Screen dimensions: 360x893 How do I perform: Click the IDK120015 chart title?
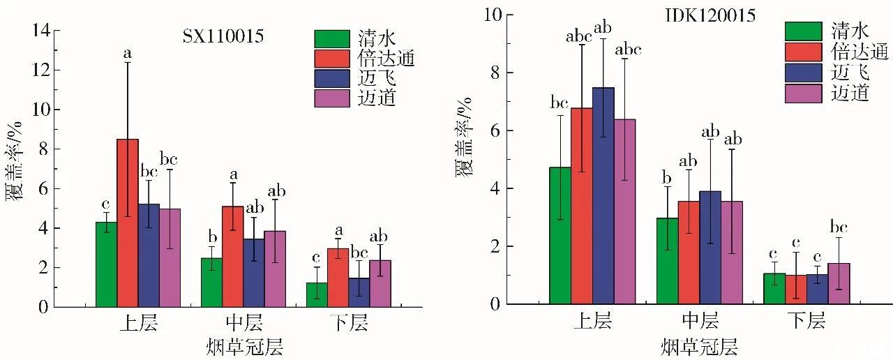716,16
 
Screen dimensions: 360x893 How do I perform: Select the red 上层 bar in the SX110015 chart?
128,223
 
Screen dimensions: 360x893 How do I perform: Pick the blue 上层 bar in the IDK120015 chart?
603,196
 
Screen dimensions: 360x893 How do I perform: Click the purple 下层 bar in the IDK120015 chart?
839,283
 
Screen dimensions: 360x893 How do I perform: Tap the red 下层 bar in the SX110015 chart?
338,278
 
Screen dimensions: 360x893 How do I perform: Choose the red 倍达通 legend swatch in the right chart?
803,52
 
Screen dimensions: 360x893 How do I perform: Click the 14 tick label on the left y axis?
41,31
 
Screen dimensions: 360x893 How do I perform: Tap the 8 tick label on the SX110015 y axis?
46,149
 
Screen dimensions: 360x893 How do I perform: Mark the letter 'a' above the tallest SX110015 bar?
127,53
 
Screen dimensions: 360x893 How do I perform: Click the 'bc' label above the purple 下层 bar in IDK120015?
839,227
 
